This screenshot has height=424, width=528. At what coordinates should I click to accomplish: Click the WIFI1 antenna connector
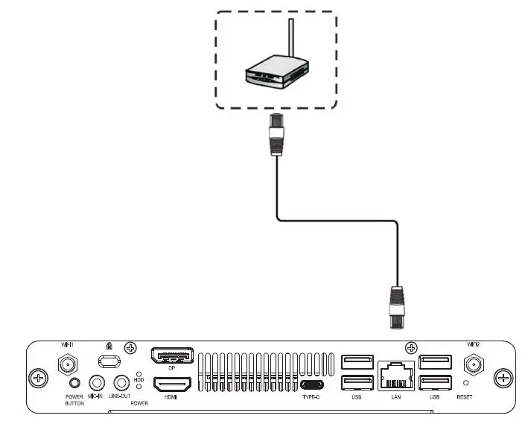coord(67,364)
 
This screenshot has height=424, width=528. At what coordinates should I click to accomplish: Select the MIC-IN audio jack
coord(96,383)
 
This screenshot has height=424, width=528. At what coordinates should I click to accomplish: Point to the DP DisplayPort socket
coord(172,356)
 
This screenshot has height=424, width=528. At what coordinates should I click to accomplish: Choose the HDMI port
coord(172,385)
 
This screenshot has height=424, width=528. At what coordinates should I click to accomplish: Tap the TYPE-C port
coord(311,385)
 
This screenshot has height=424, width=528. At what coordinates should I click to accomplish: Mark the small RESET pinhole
coord(465,382)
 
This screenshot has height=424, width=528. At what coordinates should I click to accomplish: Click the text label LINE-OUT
coord(119,397)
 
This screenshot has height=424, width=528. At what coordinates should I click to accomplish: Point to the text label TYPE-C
coord(311,397)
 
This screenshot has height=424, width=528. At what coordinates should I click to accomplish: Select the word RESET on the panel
coord(465,397)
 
